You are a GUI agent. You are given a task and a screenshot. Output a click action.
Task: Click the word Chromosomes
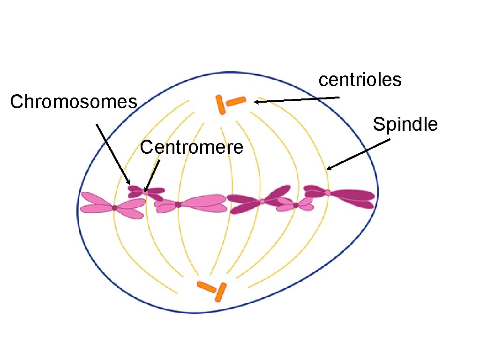pyautogui.click(x=74, y=102)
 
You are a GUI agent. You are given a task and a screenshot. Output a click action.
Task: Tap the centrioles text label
pyautogui.click(x=360, y=80)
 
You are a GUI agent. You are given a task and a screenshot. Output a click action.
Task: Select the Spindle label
pyautogui.click(x=405, y=125)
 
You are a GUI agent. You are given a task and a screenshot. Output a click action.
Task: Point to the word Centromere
pyautogui.click(x=192, y=148)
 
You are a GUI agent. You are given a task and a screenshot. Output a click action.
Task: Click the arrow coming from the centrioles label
pyautogui.click(x=296, y=99)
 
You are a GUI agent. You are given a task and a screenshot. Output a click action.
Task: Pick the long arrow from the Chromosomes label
pyautogui.click(x=113, y=154)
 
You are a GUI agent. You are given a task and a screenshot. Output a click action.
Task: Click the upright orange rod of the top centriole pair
pyautogui.click(x=220, y=105)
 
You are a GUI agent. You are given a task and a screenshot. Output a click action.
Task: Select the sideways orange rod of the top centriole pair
pyautogui.click(x=236, y=101)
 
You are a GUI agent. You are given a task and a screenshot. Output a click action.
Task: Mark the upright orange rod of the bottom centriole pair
pyautogui.click(x=220, y=292)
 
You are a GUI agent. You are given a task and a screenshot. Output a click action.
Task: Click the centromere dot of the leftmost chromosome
pyautogui.click(x=114, y=208)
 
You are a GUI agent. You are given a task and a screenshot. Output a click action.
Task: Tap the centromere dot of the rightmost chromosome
pyautogui.click(x=328, y=193)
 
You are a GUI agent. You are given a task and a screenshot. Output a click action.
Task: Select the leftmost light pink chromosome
pyautogui.click(x=112, y=205)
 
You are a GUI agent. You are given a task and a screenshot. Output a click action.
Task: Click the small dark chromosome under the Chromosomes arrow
pyautogui.click(x=146, y=192)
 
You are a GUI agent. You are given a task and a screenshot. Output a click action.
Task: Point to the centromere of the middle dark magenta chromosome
pyautogui.click(x=262, y=201)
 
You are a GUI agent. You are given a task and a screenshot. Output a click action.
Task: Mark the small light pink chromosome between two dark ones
pyautogui.click(x=295, y=204)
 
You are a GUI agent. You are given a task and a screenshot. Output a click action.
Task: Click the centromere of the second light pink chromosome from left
pyautogui.click(x=178, y=204)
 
